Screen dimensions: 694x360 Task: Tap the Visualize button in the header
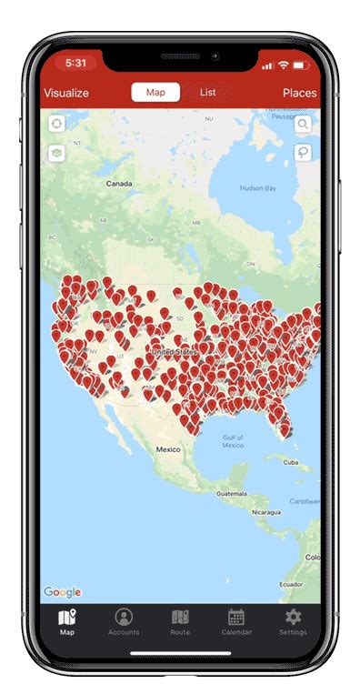66,93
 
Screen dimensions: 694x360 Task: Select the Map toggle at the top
155,93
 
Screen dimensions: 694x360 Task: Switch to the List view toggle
208,93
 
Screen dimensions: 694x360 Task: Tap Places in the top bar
299,93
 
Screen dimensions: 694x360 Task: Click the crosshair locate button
57,125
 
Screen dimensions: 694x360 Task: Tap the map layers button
57,153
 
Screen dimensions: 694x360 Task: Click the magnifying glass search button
303,125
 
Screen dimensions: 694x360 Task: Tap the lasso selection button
303,153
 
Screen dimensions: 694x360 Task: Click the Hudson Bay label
257,188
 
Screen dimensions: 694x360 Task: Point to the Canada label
119,183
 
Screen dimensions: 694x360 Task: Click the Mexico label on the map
168,449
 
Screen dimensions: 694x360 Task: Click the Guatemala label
231,493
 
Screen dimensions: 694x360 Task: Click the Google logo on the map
63,592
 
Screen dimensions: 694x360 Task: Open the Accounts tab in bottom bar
124,621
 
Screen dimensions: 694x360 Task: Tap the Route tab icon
180,621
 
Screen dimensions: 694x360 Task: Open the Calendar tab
236,621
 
